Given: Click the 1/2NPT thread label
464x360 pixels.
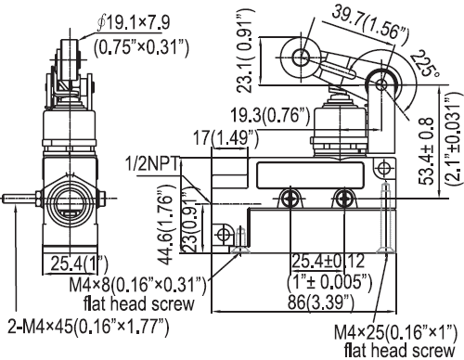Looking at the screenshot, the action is click(152, 164).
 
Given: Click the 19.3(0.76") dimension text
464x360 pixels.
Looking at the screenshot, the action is click(270, 116).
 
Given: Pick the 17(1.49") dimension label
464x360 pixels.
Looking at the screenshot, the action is click(226, 137).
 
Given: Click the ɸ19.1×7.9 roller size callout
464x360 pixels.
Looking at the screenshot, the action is click(134, 23).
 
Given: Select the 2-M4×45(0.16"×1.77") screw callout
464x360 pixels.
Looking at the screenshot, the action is click(88, 326).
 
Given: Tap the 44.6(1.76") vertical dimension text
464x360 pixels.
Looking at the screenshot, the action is click(167, 225).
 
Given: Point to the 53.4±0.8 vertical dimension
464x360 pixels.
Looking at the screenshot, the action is click(426, 151).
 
